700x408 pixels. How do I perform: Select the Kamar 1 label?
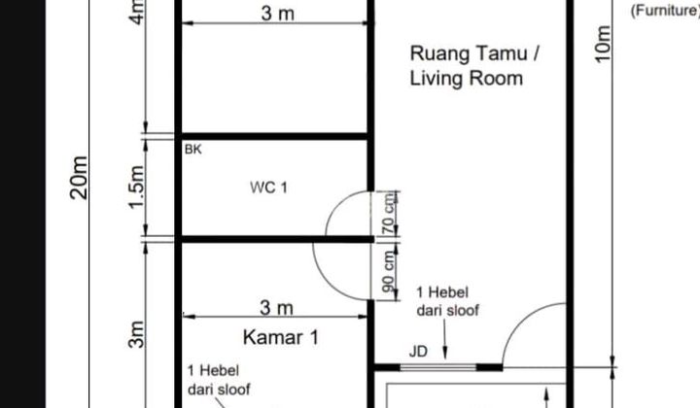coord(281,338)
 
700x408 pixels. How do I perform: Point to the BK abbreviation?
coord(192,151)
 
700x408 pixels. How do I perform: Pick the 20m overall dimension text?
coord(81,176)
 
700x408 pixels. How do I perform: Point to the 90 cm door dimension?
coord(388,271)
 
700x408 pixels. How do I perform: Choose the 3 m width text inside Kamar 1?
coord(276,308)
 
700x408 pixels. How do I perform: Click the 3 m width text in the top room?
coord(276,15)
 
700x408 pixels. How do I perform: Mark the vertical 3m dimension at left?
coord(137,334)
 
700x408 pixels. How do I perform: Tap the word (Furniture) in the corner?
coord(664,11)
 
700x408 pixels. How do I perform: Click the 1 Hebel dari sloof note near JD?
coord(446,301)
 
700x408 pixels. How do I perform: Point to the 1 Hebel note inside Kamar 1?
coord(218,381)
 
